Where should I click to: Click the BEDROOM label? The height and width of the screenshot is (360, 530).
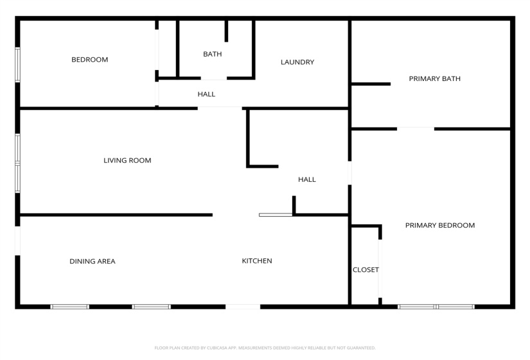[x=89, y=60]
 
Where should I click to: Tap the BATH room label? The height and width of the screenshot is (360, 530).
[x=212, y=54]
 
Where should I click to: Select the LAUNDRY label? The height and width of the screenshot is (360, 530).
[x=297, y=62]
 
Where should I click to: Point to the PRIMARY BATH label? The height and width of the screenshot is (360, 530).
[x=435, y=79]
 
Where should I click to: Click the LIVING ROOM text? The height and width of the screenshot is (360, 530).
[x=127, y=161]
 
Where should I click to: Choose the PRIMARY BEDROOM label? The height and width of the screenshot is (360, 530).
[x=440, y=226]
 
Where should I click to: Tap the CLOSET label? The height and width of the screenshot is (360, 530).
[x=366, y=270]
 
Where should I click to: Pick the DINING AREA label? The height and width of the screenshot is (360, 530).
[x=93, y=262]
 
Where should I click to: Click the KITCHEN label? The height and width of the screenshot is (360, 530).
[x=257, y=261]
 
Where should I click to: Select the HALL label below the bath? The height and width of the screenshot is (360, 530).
[x=206, y=94]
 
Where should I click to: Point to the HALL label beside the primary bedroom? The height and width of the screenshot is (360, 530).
[x=307, y=180]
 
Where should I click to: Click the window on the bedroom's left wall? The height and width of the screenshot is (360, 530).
[x=18, y=64]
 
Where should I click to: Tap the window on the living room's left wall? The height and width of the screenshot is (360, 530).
[x=18, y=163]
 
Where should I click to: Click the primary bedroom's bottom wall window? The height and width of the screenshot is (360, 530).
[x=436, y=307]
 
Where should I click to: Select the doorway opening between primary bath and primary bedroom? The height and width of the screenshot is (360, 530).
[x=415, y=129]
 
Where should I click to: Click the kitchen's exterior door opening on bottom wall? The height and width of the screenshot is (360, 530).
[x=243, y=307]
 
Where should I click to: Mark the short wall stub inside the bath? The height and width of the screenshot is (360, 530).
[x=226, y=31]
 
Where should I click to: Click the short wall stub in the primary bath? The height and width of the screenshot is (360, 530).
[x=371, y=84]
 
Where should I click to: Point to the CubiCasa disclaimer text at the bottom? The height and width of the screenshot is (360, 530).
[x=265, y=348]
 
